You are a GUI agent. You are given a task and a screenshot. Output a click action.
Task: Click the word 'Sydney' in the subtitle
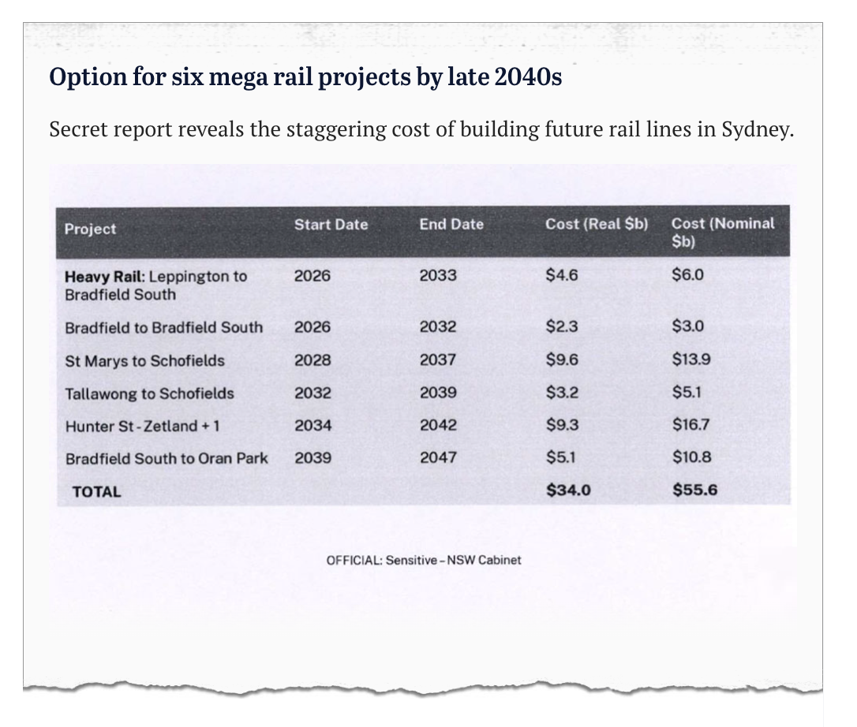tap(755, 129)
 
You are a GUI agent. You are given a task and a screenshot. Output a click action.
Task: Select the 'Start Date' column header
tap(331, 225)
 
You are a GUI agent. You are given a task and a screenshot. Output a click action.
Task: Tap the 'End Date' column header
tap(451, 225)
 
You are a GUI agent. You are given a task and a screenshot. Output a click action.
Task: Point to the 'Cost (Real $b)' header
tap(597, 224)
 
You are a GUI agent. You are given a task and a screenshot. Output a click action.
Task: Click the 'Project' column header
tap(90, 229)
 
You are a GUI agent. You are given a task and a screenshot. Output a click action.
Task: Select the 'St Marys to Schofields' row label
tap(144, 360)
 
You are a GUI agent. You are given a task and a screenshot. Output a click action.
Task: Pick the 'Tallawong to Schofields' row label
tap(149, 393)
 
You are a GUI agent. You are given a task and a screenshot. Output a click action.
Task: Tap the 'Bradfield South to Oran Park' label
tap(167, 458)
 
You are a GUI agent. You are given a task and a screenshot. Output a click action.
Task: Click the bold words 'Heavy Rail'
tap(103, 277)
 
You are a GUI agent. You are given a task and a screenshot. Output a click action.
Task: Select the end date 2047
tap(438, 457)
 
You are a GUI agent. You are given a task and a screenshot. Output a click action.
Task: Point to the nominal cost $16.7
tap(691, 425)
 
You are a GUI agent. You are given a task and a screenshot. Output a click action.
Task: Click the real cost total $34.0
tap(568, 490)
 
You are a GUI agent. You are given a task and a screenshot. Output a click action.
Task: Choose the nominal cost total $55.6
tap(694, 490)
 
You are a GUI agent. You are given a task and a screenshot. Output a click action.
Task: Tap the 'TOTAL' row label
tap(96, 492)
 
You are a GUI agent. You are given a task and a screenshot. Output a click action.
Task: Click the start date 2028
tap(312, 360)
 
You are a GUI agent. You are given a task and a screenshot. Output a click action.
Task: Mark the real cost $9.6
tap(562, 360)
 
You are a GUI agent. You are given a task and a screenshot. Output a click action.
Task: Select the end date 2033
tap(438, 276)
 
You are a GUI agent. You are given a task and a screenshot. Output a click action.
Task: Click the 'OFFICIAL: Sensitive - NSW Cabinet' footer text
tap(424, 561)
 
